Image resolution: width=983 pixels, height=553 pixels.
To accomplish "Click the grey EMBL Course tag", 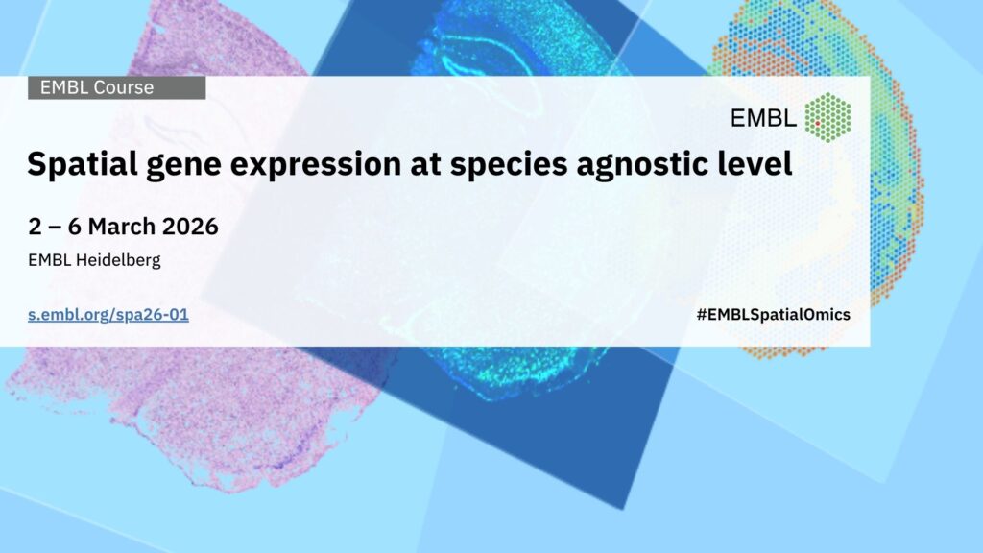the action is pyautogui.click(x=116, y=87).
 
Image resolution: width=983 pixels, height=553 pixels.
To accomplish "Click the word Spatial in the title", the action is pyautogui.click(x=83, y=164).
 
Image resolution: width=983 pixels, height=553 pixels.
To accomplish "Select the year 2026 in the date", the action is pyautogui.click(x=190, y=227).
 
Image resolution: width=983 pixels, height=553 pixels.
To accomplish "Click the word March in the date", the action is pyautogui.click(x=122, y=227).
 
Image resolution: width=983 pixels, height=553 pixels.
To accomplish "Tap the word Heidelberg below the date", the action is pyautogui.click(x=118, y=260).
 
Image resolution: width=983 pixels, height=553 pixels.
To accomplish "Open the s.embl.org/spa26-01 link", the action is pyautogui.click(x=108, y=315).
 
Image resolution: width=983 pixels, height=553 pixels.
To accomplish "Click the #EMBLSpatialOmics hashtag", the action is pyautogui.click(x=773, y=315).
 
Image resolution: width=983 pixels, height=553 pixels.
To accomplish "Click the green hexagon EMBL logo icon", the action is pyautogui.click(x=828, y=117).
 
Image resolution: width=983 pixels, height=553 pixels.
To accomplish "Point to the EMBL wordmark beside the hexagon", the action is pyautogui.click(x=763, y=118).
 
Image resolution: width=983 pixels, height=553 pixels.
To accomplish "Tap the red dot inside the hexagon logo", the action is pyautogui.click(x=818, y=124).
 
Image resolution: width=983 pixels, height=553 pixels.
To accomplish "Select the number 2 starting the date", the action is pyautogui.click(x=35, y=227).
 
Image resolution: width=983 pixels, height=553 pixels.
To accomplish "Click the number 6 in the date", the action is pyautogui.click(x=74, y=227).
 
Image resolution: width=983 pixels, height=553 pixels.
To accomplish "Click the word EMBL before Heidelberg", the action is pyautogui.click(x=50, y=259).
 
